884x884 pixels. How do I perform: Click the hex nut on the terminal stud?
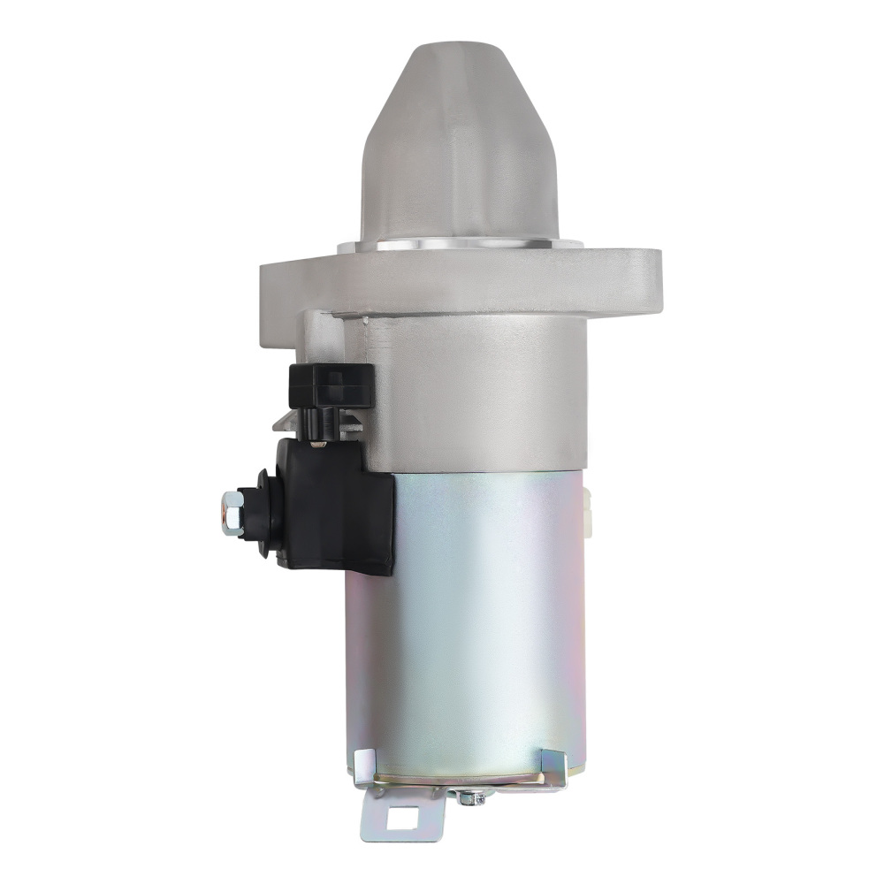231,513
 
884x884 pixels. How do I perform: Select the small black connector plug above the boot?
331,385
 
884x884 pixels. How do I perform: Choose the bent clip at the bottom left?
363,766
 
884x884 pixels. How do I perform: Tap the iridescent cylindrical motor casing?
469,619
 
